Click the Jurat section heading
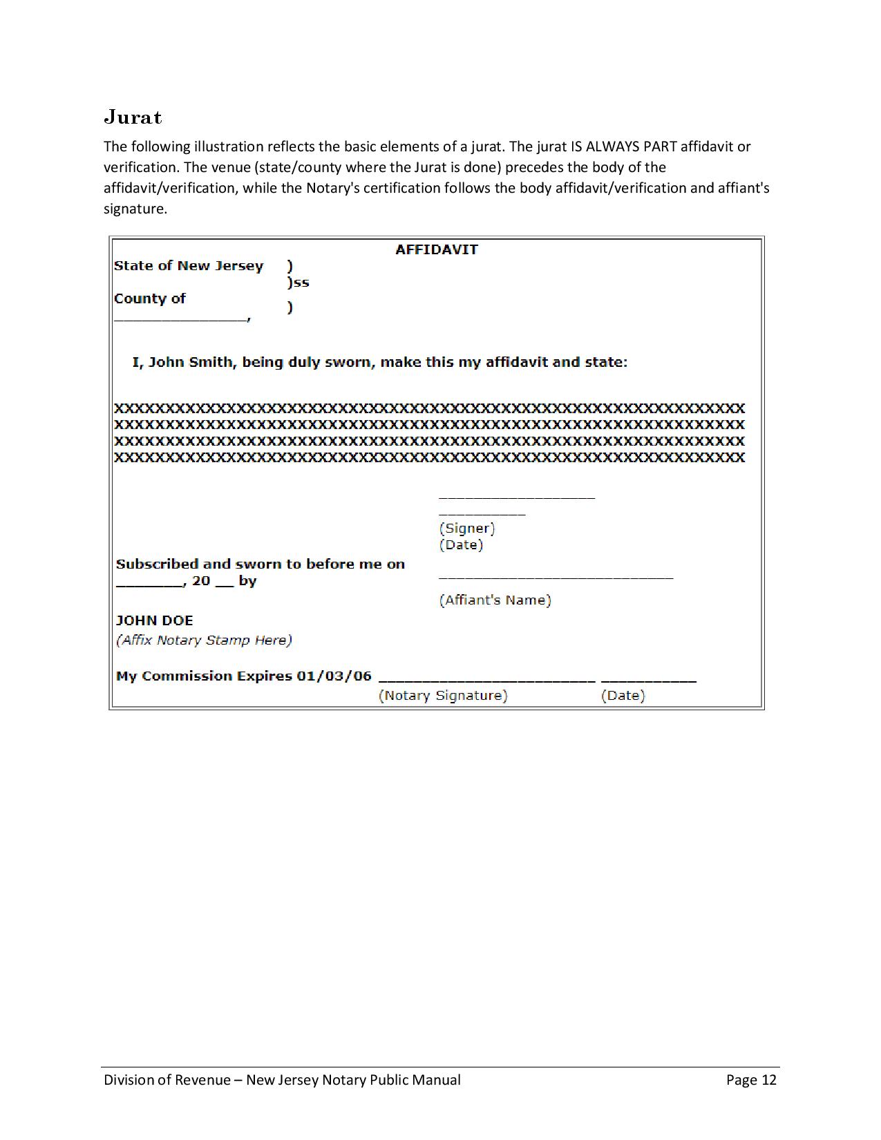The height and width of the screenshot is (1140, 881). [133, 117]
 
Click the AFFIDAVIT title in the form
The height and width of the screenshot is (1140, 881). [436, 249]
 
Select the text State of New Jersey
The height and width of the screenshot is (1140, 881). [189, 266]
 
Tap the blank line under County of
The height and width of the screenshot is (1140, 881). [181, 319]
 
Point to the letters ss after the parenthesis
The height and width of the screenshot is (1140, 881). [302, 283]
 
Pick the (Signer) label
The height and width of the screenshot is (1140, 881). [467, 529]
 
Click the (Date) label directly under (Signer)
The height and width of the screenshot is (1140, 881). [461, 545]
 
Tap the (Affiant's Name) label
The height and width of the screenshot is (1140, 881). [495, 600]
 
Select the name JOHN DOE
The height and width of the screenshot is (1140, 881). [154, 620]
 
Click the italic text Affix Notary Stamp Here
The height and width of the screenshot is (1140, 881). [204, 640]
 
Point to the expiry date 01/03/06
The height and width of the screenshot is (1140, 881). [334, 676]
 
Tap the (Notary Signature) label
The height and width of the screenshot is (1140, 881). [443, 696]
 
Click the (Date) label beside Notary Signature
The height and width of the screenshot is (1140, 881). [623, 696]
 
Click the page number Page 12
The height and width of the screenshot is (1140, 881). [751, 1080]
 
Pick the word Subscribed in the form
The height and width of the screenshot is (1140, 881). [158, 564]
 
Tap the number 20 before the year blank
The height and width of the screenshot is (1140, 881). [201, 581]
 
